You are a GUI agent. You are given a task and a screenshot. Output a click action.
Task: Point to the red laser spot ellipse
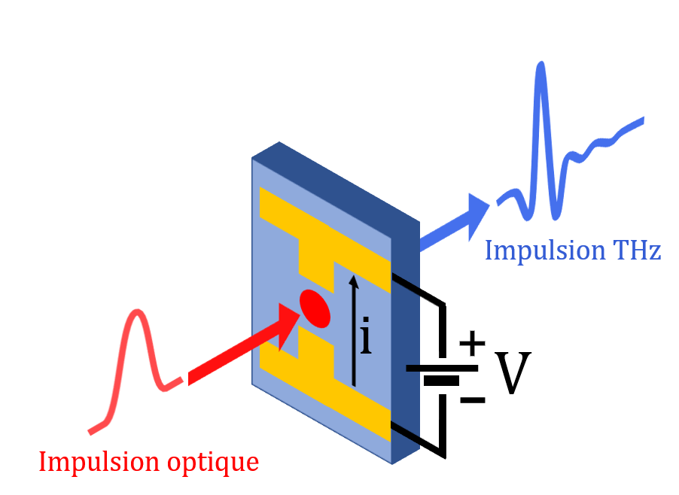tap(315, 308)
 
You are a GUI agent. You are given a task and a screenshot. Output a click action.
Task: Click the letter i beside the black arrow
tap(366, 339)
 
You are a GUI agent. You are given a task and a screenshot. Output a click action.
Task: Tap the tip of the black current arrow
tap(354, 279)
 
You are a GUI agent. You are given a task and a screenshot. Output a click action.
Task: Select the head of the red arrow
tap(290, 323)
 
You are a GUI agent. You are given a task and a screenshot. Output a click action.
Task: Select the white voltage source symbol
tap(445, 375)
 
